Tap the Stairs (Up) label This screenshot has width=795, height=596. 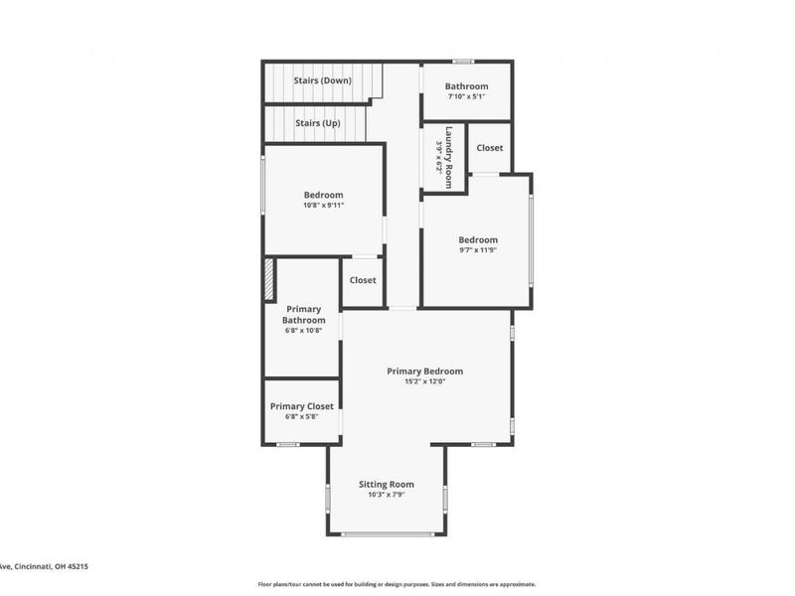click(318, 123)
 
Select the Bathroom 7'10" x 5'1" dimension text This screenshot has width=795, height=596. click(466, 97)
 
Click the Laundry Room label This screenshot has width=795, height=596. click(449, 157)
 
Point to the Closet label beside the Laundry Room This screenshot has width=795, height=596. click(489, 148)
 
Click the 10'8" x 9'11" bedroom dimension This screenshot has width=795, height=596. click(324, 206)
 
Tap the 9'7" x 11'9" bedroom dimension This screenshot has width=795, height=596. click(478, 250)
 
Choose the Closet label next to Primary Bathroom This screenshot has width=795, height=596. click(363, 280)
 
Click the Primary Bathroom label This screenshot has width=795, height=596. click(304, 315)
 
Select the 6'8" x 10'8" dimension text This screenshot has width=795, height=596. click(304, 331)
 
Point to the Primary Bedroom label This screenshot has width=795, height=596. click(425, 372)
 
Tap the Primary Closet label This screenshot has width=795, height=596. click(302, 406)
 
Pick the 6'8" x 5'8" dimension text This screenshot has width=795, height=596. click(302, 417)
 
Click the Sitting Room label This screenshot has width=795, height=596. click(387, 485)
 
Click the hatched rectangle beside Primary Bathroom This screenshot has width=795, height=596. click(268, 279)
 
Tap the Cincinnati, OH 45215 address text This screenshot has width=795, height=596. click(44, 566)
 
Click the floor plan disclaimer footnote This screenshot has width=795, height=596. click(397, 584)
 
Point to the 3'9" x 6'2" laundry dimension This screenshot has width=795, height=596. click(438, 157)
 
